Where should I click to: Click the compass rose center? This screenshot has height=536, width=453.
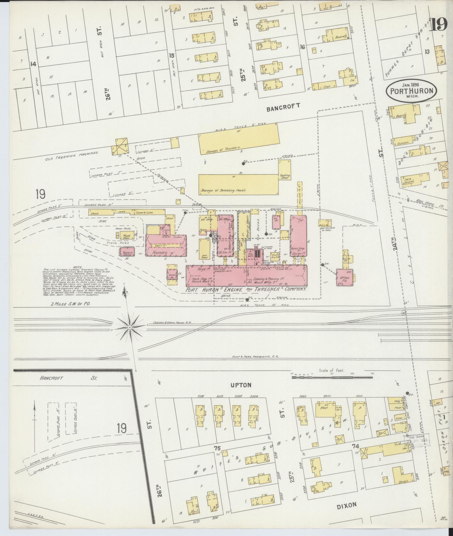point(130,328)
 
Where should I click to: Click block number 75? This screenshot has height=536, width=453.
point(217,448)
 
